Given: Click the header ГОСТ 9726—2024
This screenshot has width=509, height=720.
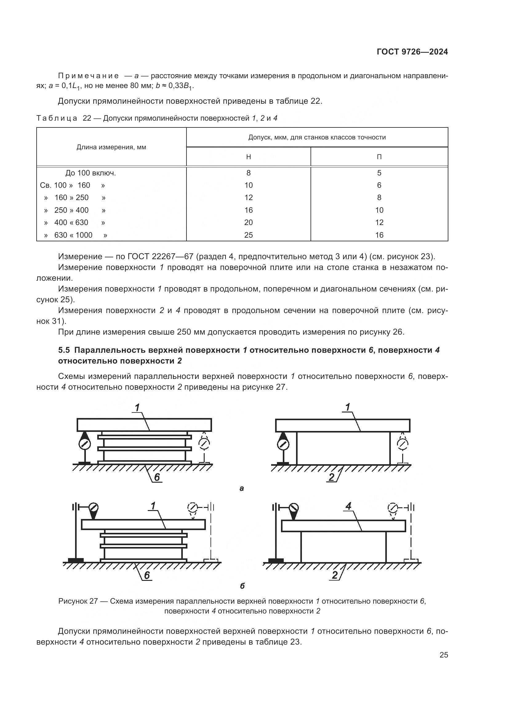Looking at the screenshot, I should point(412,52).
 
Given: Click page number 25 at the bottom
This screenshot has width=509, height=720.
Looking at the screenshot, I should point(443,655).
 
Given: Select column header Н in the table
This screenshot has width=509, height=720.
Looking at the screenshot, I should point(248,157).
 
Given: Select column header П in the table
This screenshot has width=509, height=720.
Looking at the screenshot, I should point(379,157).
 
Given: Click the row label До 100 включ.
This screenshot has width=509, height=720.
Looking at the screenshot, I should point(90,173).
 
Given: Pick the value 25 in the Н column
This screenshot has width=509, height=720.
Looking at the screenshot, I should point(248,235).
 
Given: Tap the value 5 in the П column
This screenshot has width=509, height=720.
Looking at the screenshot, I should point(379,173).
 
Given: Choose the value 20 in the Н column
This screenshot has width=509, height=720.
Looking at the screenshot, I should point(248,223).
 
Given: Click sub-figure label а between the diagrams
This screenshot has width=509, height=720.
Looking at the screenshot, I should point(241,488).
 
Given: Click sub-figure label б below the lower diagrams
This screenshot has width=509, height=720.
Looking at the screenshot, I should point(242,586).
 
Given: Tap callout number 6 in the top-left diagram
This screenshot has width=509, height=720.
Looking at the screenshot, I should point(157,477).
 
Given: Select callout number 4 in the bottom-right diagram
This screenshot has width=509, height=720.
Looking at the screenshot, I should point(348,506).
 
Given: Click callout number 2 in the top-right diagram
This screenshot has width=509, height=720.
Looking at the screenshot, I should point(332,477).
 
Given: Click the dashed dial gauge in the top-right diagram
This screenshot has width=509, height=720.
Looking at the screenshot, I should point(403,444).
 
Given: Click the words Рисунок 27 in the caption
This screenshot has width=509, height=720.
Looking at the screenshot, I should point(78,601).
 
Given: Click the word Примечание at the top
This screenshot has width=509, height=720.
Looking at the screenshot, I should point(88,76).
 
